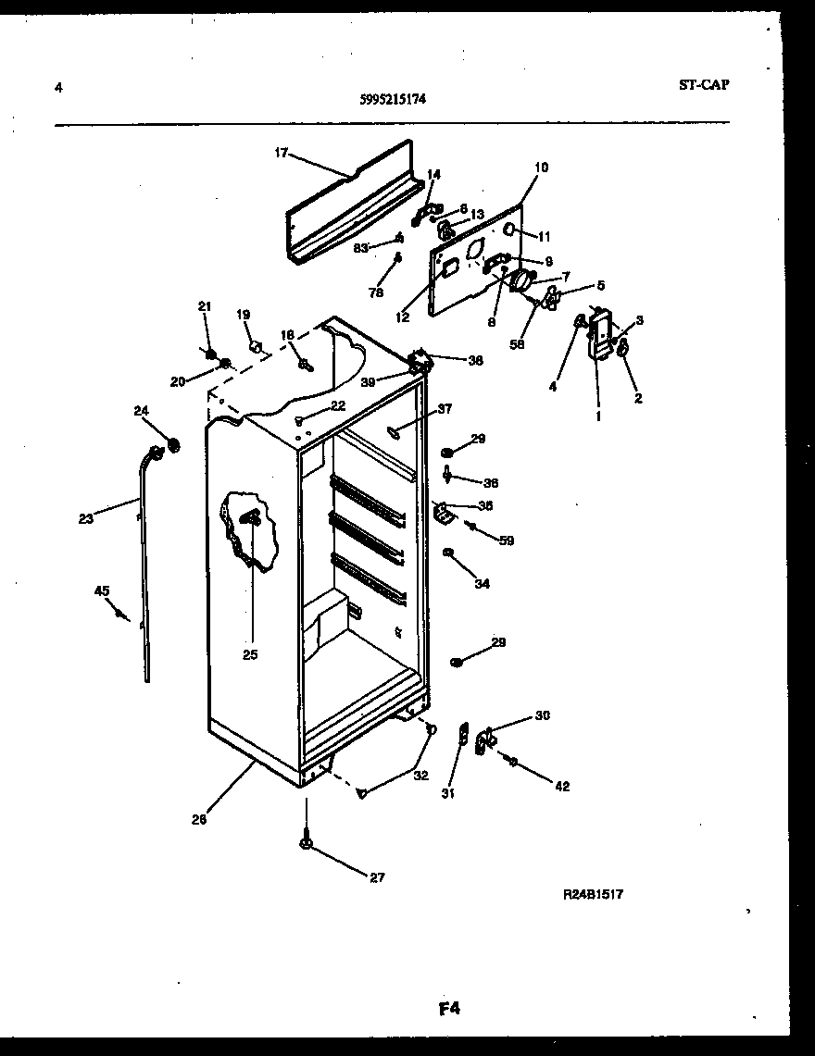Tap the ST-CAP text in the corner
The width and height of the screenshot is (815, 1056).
click(703, 84)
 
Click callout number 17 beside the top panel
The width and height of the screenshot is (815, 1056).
click(281, 154)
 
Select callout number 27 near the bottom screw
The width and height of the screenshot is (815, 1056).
click(377, 877)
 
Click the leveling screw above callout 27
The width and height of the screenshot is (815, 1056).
click(306, 843)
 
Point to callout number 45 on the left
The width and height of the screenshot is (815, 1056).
click(101, 590)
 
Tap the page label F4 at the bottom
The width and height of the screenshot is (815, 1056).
click(449, 1009)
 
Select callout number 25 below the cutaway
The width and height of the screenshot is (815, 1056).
click(250, 654)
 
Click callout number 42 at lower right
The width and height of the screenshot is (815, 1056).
click(562, 787)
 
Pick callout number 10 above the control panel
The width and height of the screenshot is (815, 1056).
click(542, 168)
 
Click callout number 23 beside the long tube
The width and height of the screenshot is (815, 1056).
click(86, 519)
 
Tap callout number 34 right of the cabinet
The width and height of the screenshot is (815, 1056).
click(483, 584)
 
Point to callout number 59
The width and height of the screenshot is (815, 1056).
click(507, 540)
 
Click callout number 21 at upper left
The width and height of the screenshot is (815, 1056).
click(205, 306)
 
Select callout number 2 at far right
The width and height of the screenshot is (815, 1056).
click(637, 399)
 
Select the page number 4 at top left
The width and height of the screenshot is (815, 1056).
click(58, 88)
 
